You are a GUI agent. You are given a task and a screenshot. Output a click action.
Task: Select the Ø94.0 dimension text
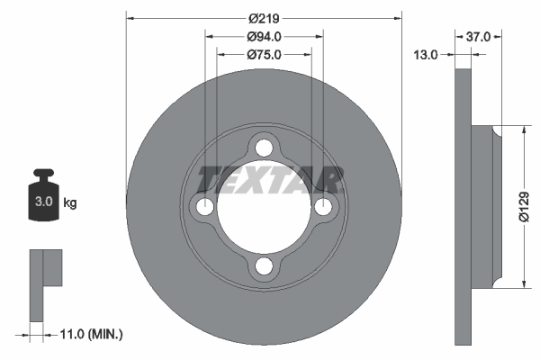pyautogui.click(x=264, y=37)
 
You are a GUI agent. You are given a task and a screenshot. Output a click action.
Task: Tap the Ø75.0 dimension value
pyautogui.click(x=264, y=55)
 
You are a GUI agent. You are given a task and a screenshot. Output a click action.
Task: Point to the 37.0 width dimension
pyautogui.click(x=479, y=37)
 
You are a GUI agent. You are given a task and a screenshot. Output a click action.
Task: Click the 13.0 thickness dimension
pyautogui.click(x=426, y=55)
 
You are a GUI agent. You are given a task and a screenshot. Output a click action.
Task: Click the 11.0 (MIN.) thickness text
pyautogui.click(x=90, y=334)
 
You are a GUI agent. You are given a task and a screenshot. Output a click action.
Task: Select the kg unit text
pyautogui.click(x=70, y=202)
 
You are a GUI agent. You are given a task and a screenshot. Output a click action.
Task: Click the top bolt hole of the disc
pyautogui.click(x=264, y=147)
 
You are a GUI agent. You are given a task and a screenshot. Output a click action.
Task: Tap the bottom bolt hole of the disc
pyautogui.click(x=264, y=266)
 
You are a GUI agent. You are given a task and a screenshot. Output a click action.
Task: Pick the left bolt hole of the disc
pyautogui.click(x=204, y=207)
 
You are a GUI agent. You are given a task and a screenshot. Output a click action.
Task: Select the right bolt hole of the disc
pyautogui.click(x=324, y=207)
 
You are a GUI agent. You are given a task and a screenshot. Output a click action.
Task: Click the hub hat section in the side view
pyautogui.click(x=484, y=207)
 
